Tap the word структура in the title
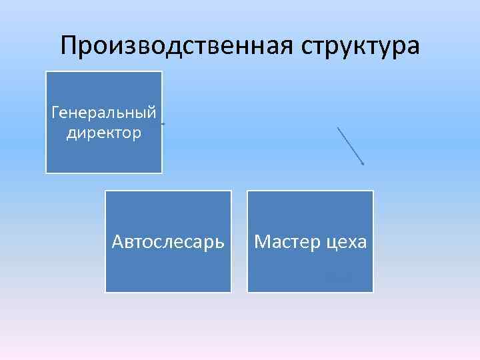point(361,47)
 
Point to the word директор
point(104,133)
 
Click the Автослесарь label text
point(168,241)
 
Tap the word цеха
point(345,241)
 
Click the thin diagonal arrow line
point(351,146)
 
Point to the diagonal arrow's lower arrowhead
point(363,164)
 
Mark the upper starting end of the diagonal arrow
point(338,127)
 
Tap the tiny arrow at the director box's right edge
point(163,123)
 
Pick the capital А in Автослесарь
point(118,241)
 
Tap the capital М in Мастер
point(261,241)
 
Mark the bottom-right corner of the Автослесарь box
point(231,292)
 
